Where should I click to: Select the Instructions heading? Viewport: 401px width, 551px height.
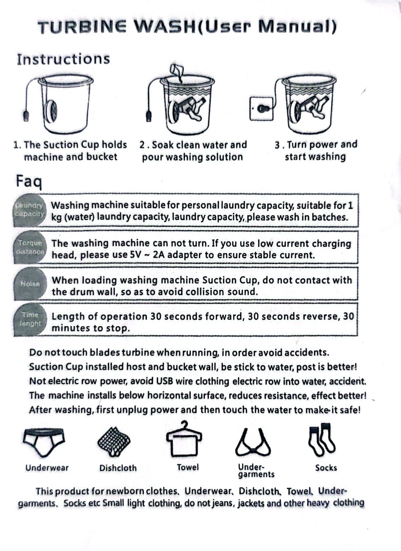(x=63, y=59)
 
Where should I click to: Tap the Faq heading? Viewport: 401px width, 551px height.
(x=29, y=181)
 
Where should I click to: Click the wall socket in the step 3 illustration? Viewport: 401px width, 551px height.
(x=261, y=109)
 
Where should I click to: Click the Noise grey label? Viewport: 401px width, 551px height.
(x=30, y=284)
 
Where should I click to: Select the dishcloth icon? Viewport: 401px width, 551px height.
(x=114, y=441)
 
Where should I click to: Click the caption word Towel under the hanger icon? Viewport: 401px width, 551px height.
(x=188, y=467)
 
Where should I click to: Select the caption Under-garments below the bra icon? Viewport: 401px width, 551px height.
(x=256, y=471)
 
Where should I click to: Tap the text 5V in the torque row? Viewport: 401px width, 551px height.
(x=136, y=255)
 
